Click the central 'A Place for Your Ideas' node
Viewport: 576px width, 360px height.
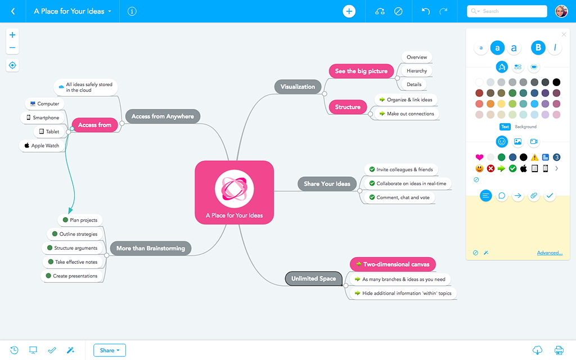click(235, 192)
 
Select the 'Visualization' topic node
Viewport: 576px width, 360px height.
click(298, 87)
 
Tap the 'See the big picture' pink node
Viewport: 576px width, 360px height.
click(361, 71)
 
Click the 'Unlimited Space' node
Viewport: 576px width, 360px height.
click(314, 278)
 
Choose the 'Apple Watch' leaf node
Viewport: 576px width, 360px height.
click(42, 146)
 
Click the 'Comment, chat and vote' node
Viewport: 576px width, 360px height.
click(399, 197)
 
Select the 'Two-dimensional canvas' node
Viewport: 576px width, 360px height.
click(393, 264)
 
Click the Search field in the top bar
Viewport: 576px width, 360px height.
click(507, 11)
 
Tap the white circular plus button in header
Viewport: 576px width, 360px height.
click(349, 11)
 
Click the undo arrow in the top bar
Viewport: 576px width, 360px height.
click(425, 11)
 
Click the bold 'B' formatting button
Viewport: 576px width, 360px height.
click(538, 47)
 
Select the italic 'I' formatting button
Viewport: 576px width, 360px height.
click(555, 47)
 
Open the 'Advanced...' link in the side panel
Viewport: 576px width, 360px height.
click(550, 253)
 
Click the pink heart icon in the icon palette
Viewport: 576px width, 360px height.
click(479, 157)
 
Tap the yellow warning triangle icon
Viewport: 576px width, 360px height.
click(534, 157)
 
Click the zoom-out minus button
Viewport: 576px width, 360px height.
click(12, 48)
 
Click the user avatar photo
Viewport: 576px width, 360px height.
click(561, 11)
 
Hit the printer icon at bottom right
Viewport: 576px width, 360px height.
click(559, 350)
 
